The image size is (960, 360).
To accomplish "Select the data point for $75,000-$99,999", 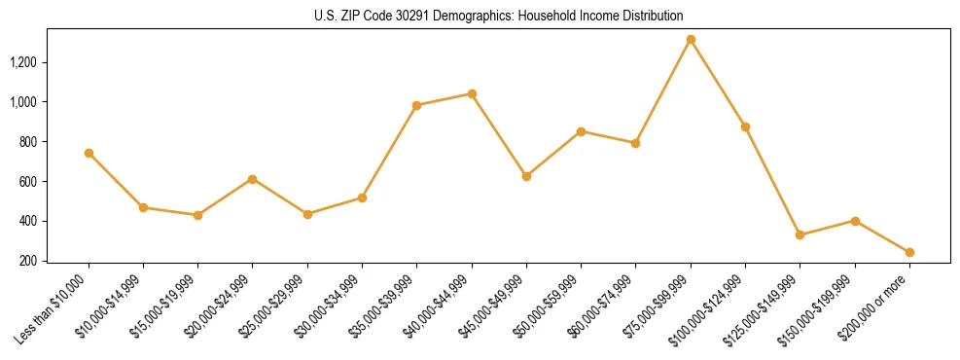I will tap(691, 40).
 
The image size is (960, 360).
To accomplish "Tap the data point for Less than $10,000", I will tap(89, 153).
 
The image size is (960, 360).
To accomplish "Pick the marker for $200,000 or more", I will tap(909, 252).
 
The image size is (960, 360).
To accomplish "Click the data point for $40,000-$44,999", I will tap(472, 93).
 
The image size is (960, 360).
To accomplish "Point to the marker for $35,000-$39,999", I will tap(416, 105).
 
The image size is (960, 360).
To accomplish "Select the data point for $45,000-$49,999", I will tap(526, 176).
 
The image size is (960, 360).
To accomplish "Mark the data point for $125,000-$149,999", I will tap(800, 234).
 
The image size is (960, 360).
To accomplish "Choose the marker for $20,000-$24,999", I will tap(253, 179).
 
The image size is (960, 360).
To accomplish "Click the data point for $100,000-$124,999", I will tap(745, 126).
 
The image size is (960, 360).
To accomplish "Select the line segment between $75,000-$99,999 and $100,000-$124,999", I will tap(718, 84).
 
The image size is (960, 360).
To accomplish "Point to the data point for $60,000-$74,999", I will tap(636, 143).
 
